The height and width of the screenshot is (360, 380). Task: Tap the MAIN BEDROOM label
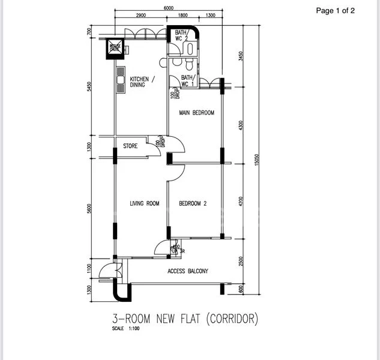point(196,113)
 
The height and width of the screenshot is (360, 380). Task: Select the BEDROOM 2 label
point(193,204)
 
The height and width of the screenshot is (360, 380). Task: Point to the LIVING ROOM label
point(145,204)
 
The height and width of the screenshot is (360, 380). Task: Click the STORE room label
point(130,146)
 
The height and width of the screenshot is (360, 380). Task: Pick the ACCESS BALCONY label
point(187,271)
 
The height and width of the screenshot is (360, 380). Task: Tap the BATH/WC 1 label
point(188,81)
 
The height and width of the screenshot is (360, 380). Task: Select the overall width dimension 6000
point(168,8)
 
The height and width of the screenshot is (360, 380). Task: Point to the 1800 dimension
point(183,16)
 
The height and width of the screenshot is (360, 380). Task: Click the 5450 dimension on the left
point(89,86)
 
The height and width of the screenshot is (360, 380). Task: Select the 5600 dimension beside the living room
point(89,209)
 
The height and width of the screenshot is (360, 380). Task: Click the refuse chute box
point(115,47)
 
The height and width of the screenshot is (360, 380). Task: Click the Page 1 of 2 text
point(336,10)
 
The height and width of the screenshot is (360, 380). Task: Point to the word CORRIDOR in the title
point(231,319)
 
